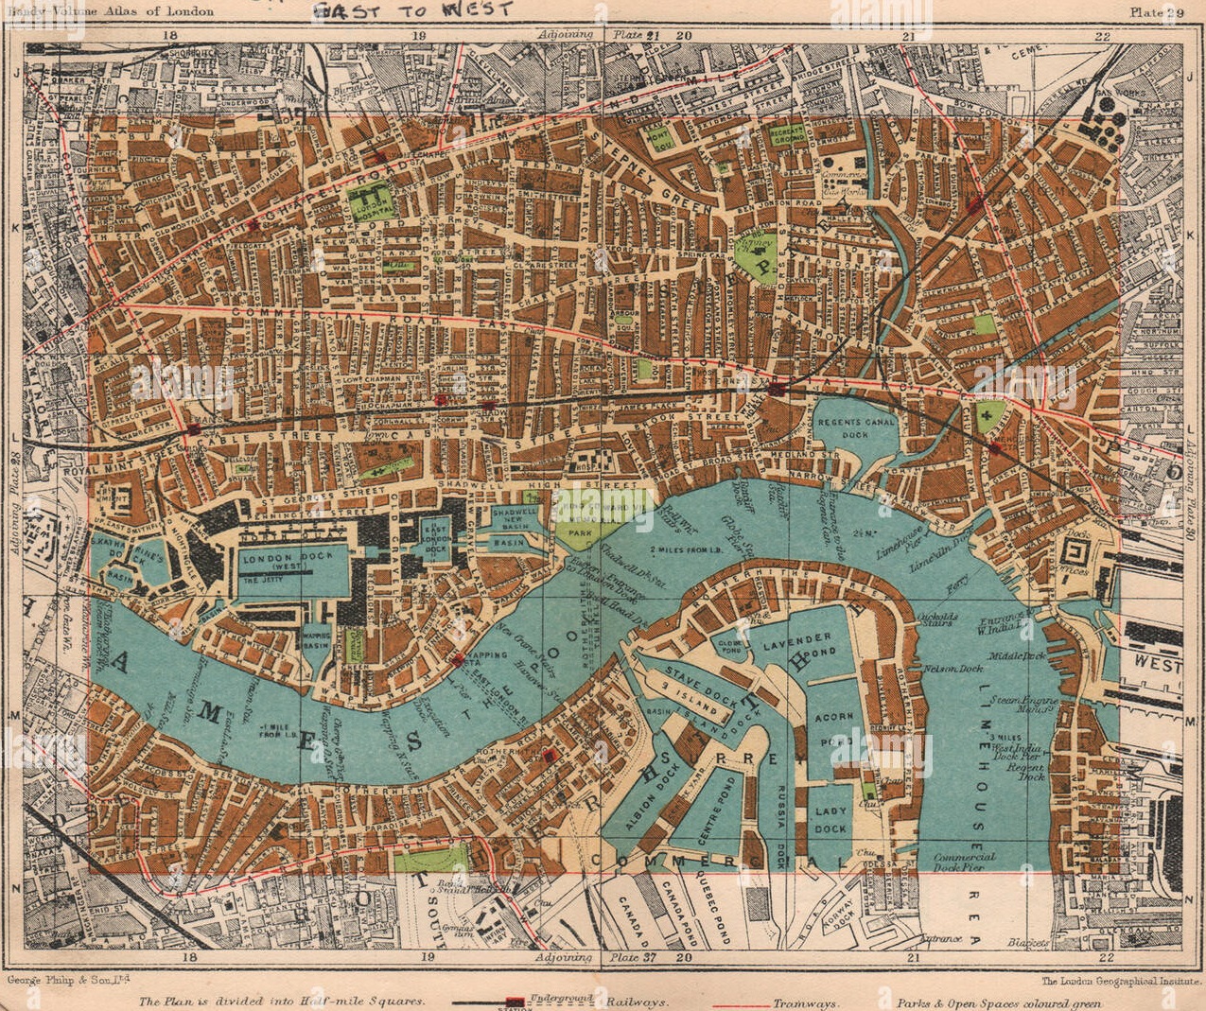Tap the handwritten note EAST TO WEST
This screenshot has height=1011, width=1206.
click(x=412, y=11)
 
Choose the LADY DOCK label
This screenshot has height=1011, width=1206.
click(x=830, y=819)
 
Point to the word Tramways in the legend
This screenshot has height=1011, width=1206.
click(x=804, y=1003)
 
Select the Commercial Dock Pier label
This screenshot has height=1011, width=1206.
click(x=965, y=862)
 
